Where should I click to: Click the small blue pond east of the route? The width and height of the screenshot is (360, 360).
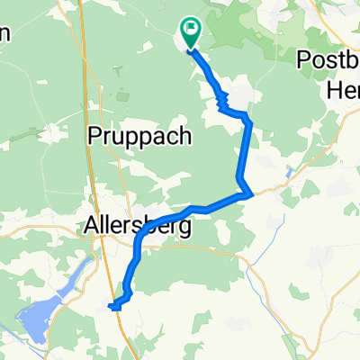tap(288, 170)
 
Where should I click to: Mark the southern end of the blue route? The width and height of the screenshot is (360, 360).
tap(112, 307)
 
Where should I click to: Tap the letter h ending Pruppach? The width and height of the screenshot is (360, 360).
tap(185, 136)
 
